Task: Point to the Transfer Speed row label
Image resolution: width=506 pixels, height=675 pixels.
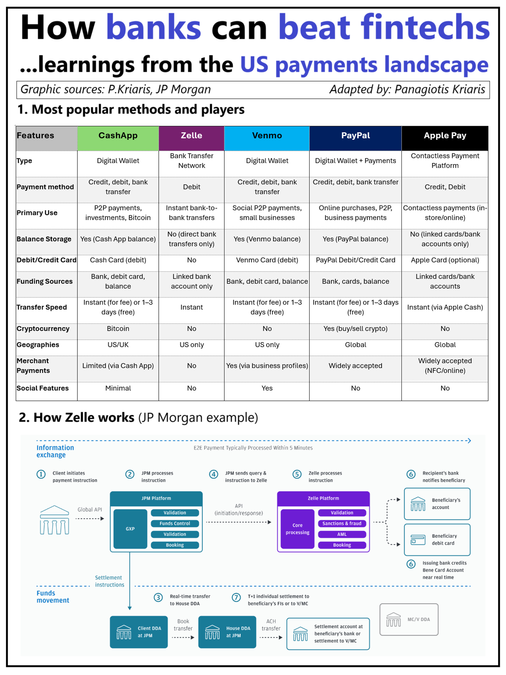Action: [x=42, y=307]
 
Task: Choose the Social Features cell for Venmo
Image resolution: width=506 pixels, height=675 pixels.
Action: [x=267, y=388]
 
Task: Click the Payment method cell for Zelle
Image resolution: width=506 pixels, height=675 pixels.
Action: [x=191, y=187]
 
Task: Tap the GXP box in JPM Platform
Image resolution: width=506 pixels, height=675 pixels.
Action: [x=130, y=529]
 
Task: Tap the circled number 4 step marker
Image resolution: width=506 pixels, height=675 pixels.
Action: [x=213, y=474]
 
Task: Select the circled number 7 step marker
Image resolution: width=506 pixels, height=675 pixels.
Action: [x=236, y=598]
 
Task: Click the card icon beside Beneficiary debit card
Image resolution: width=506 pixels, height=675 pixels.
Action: [x=418, y=540]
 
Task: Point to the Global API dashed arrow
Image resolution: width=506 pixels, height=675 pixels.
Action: [x=90, y=518]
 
